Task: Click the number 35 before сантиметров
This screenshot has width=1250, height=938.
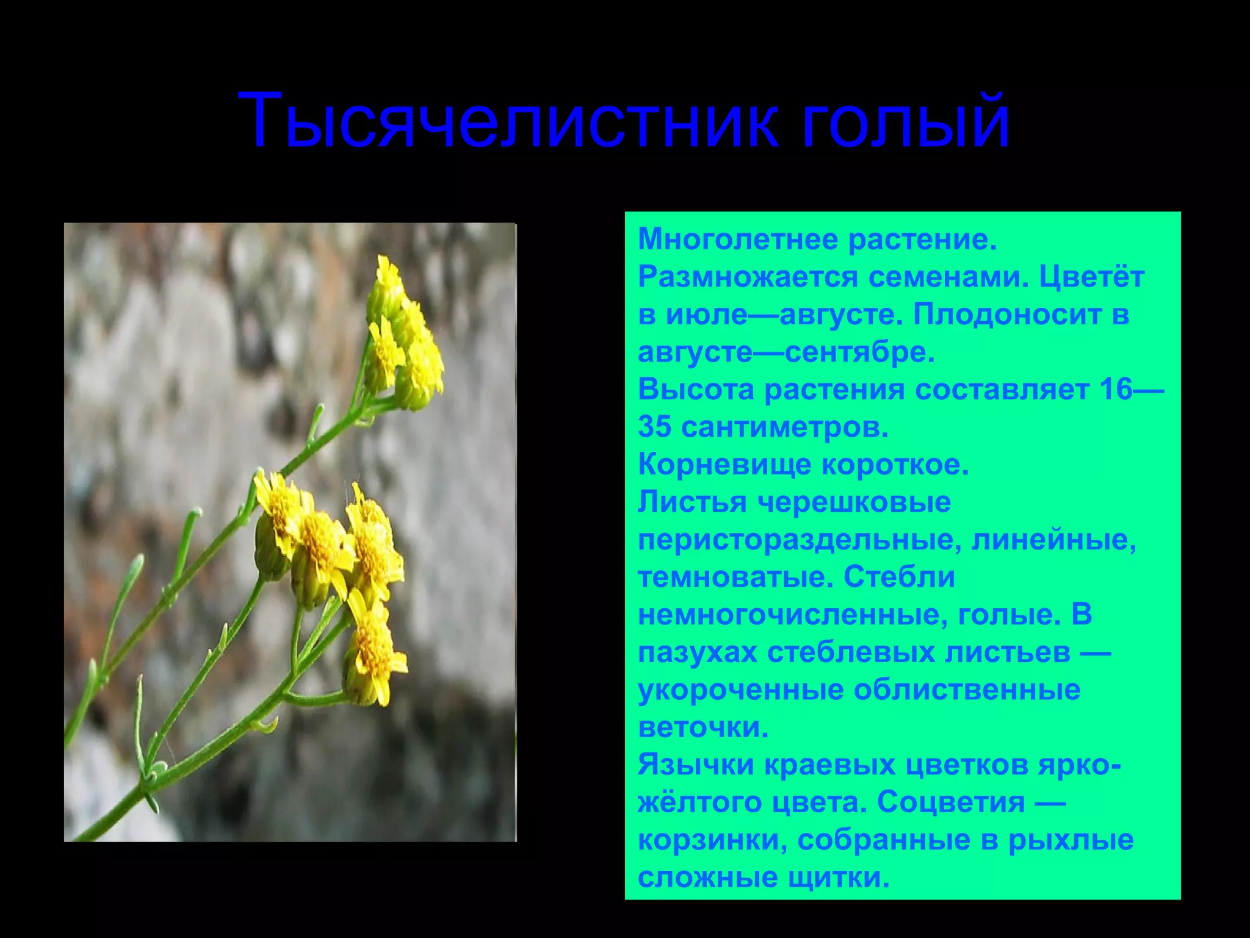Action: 656,427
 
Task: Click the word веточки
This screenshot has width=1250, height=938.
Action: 703,728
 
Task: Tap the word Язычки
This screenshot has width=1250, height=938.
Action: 696,765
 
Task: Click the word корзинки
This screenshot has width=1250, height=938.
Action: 708,840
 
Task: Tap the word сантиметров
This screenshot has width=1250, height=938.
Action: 784,427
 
